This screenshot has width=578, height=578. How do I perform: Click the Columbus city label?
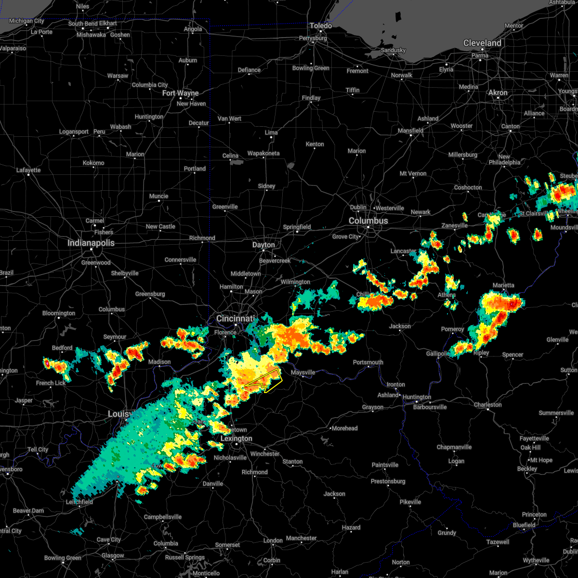368,221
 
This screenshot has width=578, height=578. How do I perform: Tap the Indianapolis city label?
91,243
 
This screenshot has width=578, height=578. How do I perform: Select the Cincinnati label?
235,318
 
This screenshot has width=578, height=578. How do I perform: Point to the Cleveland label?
482,43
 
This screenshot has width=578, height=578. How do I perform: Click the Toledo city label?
321,26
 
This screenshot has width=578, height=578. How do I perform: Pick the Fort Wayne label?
180,93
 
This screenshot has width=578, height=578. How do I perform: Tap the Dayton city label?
263,245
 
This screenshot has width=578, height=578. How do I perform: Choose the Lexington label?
236,438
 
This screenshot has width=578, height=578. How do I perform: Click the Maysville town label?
302,372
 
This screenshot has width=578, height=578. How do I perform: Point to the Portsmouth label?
368,362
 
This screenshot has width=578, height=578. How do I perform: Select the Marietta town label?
503,285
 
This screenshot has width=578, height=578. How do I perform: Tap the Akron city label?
498,92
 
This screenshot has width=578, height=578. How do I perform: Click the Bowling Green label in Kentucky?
63,558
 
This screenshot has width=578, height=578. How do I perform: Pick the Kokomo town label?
93,163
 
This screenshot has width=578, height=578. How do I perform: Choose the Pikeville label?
410,502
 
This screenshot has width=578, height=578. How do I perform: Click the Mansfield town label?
411,131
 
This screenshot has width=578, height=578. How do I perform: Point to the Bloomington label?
59,313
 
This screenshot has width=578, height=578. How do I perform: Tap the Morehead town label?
344,428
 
